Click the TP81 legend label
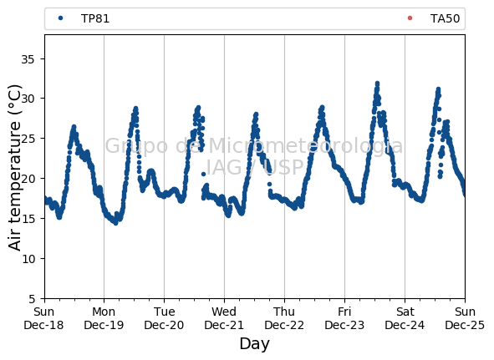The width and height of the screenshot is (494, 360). [x=95, y=18]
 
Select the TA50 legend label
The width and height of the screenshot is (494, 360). [x=445, y=18]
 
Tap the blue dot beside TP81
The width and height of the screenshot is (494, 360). [x=61, y=18]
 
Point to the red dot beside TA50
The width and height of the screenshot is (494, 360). [x=410, y=18]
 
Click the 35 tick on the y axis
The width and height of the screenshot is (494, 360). [x=28, y=59]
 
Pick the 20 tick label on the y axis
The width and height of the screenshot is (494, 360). [x=28, y=179]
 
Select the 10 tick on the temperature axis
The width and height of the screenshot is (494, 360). [x=28, y=259]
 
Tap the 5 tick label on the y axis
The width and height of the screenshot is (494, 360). [x=32, y=298]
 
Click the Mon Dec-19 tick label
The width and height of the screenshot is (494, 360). [x=104, y=318]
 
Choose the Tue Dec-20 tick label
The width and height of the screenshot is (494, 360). [x=164, y=318]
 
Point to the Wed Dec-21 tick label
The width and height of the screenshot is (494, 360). [x=224, y=318]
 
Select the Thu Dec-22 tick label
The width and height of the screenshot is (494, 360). [x=284, y=318]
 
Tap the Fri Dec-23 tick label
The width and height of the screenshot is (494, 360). [x=344, y=318]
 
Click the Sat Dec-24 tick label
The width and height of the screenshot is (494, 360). [x=405, y=318]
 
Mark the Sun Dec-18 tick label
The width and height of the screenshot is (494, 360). [x=43, y=318]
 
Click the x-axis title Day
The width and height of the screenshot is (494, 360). [x=255, y=343]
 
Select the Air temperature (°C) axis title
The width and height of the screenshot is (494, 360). [x=14, y=168]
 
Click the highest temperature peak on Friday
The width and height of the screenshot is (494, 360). [x=377, y=84]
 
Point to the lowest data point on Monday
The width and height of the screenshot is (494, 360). [x=115, y=223]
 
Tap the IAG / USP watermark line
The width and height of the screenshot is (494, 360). [x=255, y=167]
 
